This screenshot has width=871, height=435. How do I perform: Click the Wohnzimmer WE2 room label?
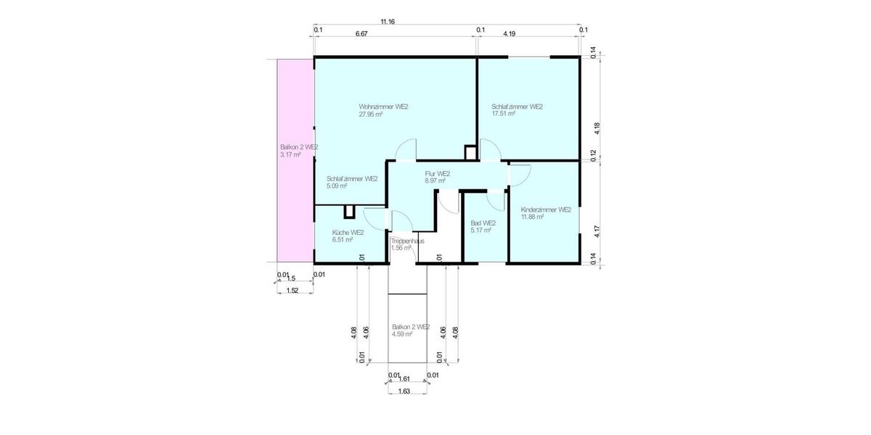coord(383,107)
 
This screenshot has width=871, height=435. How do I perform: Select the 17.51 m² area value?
coord(503,114)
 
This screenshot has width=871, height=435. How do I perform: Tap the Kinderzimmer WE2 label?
coord(545,210)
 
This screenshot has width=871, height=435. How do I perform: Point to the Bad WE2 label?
coord(483,223)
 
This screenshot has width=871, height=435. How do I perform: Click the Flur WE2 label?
coord(438,174)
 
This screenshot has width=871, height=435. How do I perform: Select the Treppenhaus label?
coord(407,241)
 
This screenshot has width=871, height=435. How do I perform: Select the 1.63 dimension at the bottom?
coord(404,391)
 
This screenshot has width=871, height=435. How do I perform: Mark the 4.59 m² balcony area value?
coord(402,334)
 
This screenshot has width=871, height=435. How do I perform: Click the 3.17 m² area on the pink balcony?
coord(290,154)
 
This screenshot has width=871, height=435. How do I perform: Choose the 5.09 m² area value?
coord(337,186)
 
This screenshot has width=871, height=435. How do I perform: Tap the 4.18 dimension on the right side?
coord(597,128)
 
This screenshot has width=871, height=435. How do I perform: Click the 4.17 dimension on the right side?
coord(597,232)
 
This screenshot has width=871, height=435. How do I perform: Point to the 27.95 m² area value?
coord(371,114)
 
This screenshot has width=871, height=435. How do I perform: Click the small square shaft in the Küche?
coord(349,211)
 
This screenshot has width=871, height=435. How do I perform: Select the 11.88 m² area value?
coord(532,217)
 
